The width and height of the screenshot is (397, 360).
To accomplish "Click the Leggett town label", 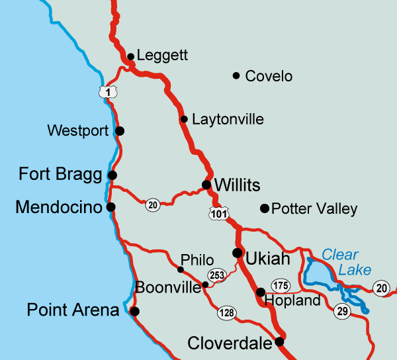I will [x=159, y=57].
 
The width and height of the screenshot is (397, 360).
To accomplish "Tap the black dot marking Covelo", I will [x=236, y=75].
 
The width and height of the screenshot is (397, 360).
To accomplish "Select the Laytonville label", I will [x=228, y=120].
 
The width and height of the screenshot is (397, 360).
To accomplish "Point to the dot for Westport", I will [x=120, y=131].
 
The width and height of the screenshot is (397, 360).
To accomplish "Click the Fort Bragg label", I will [x=60, y=175].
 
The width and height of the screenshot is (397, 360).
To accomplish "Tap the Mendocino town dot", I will [x=110, y=207].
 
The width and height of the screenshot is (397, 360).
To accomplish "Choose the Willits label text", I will [x=238, y=185].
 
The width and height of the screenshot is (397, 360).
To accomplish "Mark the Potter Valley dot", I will [x=265, y=209].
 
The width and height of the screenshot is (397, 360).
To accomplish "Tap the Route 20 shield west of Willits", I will [x=154, y=205].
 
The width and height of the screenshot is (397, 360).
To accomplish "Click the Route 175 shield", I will [x=281, y=285].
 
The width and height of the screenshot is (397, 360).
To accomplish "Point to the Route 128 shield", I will [x=228, y=312].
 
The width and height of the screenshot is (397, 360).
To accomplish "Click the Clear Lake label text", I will [x=346, y=262].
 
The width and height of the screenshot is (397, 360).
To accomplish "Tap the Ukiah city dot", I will [x=237, y=253].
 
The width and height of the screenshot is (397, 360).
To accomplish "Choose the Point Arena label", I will [x=73, y=310].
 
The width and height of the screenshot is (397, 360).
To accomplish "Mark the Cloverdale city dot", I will [x=279, y=341].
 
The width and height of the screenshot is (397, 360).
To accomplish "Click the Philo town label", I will [x=197, y=260].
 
